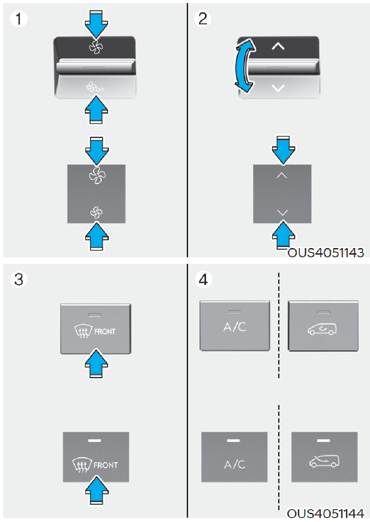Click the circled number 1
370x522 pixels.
pos(18,18)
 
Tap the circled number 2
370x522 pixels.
pos(203,18)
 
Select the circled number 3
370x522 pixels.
pos(18,279)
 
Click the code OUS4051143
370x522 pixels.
pos(326,253)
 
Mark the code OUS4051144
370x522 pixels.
pos(326,514)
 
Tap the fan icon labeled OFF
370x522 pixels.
pos(95,88)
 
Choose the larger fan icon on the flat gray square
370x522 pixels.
pos(97,175)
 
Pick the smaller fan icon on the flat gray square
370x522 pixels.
pos(96,212)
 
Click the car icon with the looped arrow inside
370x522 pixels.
pos(322,329)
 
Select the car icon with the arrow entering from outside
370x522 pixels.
pos(324,461)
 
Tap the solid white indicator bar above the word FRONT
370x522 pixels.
pos(94,441)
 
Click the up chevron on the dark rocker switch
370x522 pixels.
pos(278,46)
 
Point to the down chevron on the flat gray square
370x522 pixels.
pos(282,212)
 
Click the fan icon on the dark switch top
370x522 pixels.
pos(96,47)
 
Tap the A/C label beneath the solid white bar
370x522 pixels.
pos(235,464)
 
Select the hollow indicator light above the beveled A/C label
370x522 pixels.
pos(235,312)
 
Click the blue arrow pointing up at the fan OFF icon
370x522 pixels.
pos(96,110)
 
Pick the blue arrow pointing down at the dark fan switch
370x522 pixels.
pos(96,24)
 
